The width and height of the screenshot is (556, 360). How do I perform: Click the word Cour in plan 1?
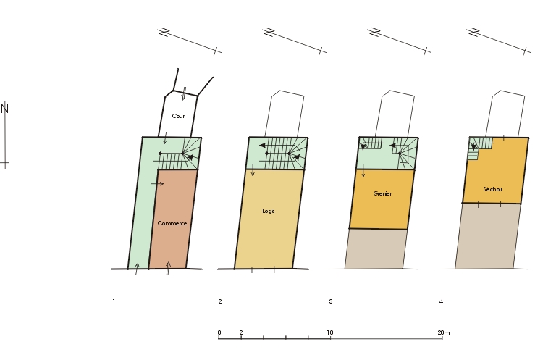[178, 116]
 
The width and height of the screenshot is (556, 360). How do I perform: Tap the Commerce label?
[172, 223]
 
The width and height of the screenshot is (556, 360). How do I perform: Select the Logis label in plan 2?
[269, 211]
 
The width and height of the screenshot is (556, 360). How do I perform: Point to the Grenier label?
[382, 193]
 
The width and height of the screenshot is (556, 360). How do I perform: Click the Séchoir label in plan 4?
[492, 189]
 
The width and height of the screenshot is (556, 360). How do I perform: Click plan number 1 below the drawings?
[114, 301]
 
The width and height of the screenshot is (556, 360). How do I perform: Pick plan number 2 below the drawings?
[220, 301]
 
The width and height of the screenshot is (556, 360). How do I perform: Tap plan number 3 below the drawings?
[330, 301]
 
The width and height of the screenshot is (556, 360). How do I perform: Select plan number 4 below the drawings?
[441, 301]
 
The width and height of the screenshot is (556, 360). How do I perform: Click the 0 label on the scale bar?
[219, 332]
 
